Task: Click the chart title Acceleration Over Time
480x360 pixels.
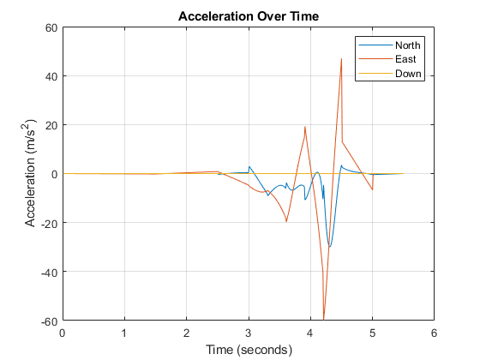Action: click(x=248, y=16)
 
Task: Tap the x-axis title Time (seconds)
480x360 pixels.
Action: click(x=248, y=350)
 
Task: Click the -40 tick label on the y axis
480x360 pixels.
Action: click(x=47, y=272)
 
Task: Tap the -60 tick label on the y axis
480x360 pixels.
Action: click(x=47, y=321)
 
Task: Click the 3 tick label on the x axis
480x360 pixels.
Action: click(x=249, y=333)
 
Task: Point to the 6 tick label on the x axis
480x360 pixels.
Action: click(x=434, y=333)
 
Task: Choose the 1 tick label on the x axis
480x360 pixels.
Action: click(x=124, y=333)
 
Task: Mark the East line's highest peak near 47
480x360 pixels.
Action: click(x=341, y=58)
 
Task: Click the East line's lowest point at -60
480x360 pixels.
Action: click(x=323, y=319)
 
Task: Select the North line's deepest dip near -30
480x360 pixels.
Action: click(x=329, y=247)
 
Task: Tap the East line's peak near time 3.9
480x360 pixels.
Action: click(x=304, y=127)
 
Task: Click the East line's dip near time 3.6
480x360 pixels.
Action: click(x=286, y=222)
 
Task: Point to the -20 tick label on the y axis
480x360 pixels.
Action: click(x=47, y=223)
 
